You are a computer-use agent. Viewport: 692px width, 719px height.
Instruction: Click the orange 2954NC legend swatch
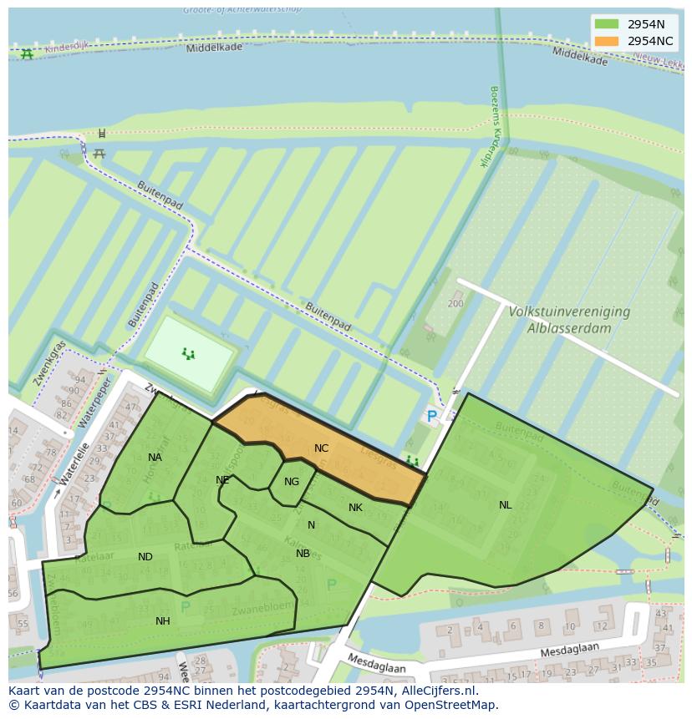click(x=608, y=41)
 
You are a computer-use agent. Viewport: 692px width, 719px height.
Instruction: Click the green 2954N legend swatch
click(x=608, y=24)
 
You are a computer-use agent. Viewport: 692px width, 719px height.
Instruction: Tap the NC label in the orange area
click(x=322, y=448)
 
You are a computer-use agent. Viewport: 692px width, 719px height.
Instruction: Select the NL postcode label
click(x=505, y=505)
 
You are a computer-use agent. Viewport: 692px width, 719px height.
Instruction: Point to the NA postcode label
click(x=155, y=457)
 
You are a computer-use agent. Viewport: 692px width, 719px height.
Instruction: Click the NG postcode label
click(x=291, y=482)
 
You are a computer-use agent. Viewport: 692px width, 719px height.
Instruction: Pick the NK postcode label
click(x=355, y=508)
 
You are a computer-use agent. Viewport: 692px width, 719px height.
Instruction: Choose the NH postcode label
click(x=162, y=620)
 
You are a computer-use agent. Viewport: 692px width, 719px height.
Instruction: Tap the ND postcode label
click(x=145, y=557)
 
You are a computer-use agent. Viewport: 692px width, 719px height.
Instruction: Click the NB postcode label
click(x=303, y=553)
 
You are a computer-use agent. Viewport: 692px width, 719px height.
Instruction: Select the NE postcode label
click(x=222, y=480)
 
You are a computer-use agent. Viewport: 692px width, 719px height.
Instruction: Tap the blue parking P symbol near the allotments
click(x=431, y=416)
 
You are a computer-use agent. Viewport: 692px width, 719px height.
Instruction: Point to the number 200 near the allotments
click(x=455, y=304)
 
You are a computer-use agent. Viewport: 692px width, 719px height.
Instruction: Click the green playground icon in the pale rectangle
click(x=189, y=354)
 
